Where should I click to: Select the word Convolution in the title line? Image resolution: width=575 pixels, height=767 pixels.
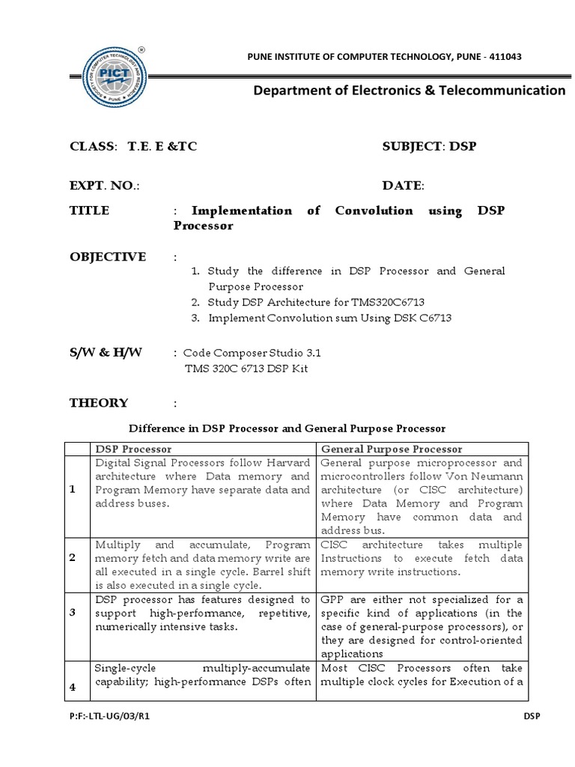[374, 210]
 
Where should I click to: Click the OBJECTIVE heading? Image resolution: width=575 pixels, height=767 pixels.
[108, 256]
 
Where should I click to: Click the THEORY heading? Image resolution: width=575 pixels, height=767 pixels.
[99, 403]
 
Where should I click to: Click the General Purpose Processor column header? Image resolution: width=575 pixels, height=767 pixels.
[392, 449]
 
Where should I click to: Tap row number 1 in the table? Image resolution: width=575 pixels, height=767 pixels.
[73, 489]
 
